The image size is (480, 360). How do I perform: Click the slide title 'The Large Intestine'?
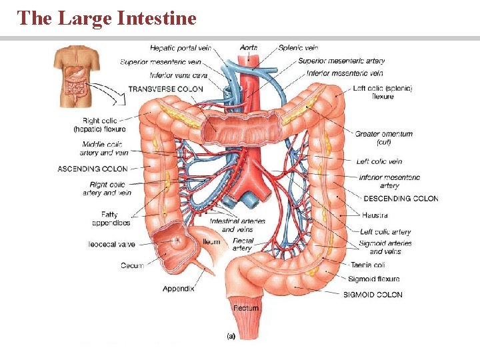tap(107, 17)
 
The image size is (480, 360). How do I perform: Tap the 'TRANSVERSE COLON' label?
tap(165, 89)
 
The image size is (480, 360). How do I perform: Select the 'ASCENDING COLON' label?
tap(92, 169)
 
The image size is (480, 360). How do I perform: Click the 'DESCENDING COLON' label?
tap(401, 199)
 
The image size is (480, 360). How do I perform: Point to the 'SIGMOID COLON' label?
tap(373, 295)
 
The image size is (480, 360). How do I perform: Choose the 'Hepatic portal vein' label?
tap(180, 48)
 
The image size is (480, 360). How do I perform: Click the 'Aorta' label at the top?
tap(249, 48)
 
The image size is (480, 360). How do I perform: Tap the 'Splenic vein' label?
tap(299, 48)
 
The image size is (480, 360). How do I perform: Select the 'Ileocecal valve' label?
tap(111, 245)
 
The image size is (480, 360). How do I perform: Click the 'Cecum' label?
tap(132, 266)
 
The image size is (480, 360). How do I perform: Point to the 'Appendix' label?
tap(179, 289)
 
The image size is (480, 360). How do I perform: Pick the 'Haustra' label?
tap(375, 215)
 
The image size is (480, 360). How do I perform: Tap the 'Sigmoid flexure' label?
tap(374, 279)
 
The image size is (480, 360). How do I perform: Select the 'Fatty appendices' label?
tap(111, 219)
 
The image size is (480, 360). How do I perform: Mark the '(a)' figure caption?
tap(231, 337)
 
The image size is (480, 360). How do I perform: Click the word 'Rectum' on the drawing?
tap(245, 308)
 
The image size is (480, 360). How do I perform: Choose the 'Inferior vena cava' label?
tap(179, 75)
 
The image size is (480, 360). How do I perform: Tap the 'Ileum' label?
tap(211, 241)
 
